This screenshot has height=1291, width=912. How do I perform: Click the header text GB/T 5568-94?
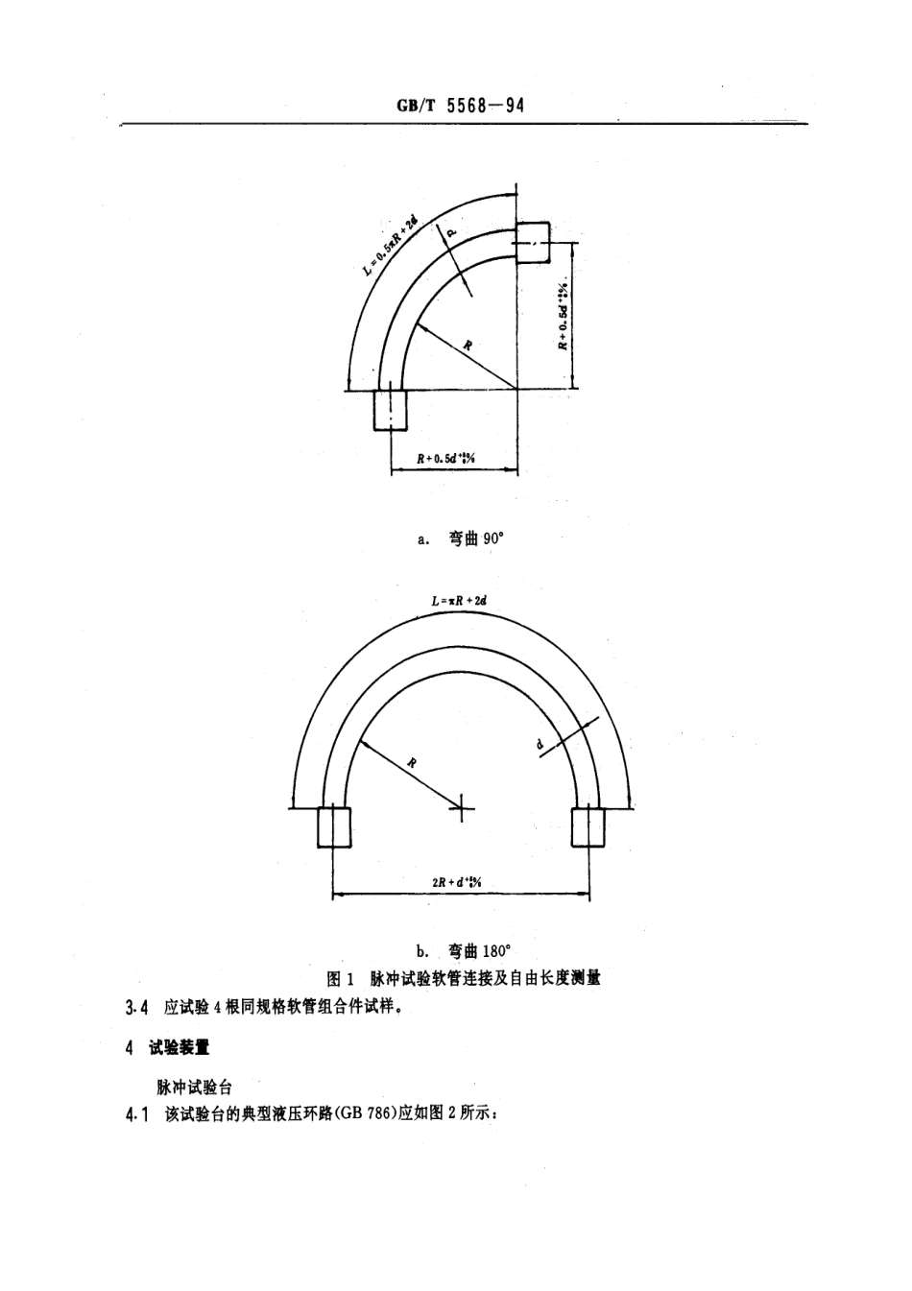pyautogui.click(x=460, y=106)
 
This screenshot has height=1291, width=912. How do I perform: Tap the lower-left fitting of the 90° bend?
pyautogui.click(x=391, y=409)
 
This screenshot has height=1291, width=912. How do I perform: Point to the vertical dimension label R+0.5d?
pyautogui.click(x=564, y=315)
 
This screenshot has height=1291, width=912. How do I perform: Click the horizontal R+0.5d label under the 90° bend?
pyautogui.click(x=446, y=459)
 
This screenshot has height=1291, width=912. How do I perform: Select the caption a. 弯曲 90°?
pyautogui.click(x=461, y=539)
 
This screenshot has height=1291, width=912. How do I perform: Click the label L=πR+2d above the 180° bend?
pyautogui.click(x=461, y=601)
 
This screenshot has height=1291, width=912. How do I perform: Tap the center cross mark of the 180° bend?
pyautogui.click(x=461, y=808)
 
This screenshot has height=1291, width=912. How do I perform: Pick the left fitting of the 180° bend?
pyautogui.click(x=334, y=826)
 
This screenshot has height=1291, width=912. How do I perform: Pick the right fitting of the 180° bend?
pyautogui.click(x=588, y=826)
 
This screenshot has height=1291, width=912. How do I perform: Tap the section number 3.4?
pyautogui.click(x=137, y=1008)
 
